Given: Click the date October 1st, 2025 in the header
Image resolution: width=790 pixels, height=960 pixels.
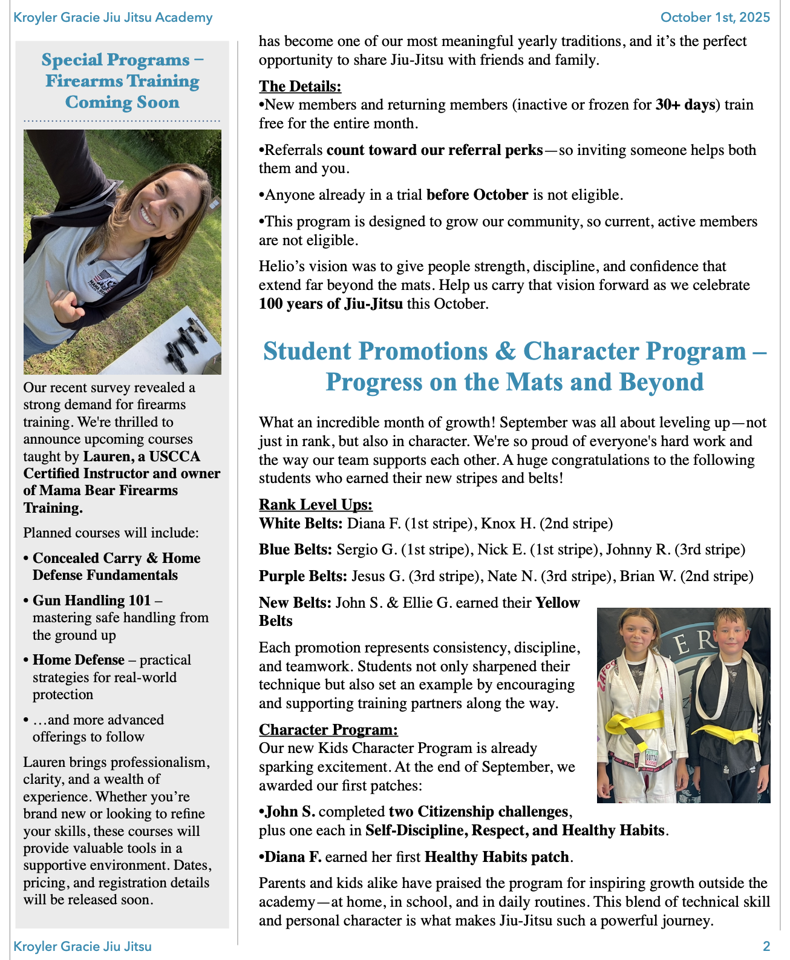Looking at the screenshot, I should [x=715, y=17].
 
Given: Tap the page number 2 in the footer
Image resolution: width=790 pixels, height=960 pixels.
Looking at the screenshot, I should [x=766, y=946].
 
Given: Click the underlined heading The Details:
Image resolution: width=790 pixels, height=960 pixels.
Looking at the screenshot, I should [x=300, y=86].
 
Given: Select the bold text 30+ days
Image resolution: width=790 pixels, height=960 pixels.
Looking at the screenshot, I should [x=685, y=105].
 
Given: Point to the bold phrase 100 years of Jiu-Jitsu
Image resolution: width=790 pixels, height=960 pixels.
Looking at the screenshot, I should [x=330, y=304].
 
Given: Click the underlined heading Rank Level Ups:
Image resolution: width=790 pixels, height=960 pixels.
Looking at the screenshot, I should [x=316, y=504].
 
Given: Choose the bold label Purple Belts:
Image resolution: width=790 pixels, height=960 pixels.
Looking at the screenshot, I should [x=303, y=576].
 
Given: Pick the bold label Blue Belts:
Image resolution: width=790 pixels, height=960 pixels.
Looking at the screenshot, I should [x=295, y=550].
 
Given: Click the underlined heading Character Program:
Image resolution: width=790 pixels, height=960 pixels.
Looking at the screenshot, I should [x=328, y=729].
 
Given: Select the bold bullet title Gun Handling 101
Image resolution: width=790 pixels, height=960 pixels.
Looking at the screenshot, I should [x=91, y=600].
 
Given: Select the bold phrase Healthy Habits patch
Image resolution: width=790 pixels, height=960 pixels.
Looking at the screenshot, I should [x=497, y=857].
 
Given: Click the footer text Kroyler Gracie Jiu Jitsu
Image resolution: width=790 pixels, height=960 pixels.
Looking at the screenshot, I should [x=82, y=946].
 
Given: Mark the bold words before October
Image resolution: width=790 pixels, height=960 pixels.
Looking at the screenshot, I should [x=477, y=195].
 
